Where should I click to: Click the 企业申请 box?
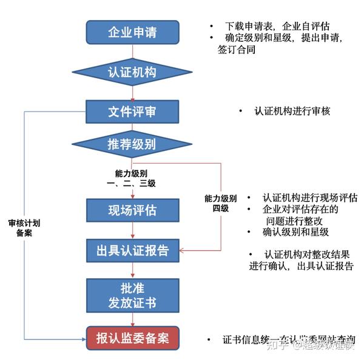tap(132, 32)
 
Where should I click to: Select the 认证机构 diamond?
tap(132, 72)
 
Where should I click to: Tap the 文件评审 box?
tap(132, 112)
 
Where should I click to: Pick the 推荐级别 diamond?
tap(132, 144)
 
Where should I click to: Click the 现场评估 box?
tap(132, 210)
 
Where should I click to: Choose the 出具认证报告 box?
tap(132, 250)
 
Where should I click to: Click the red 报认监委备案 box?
tap(132, 337)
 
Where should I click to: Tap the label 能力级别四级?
tap(221, 203)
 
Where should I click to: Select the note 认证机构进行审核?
tap(292, 112)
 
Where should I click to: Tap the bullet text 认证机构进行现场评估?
tap(309, 198)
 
